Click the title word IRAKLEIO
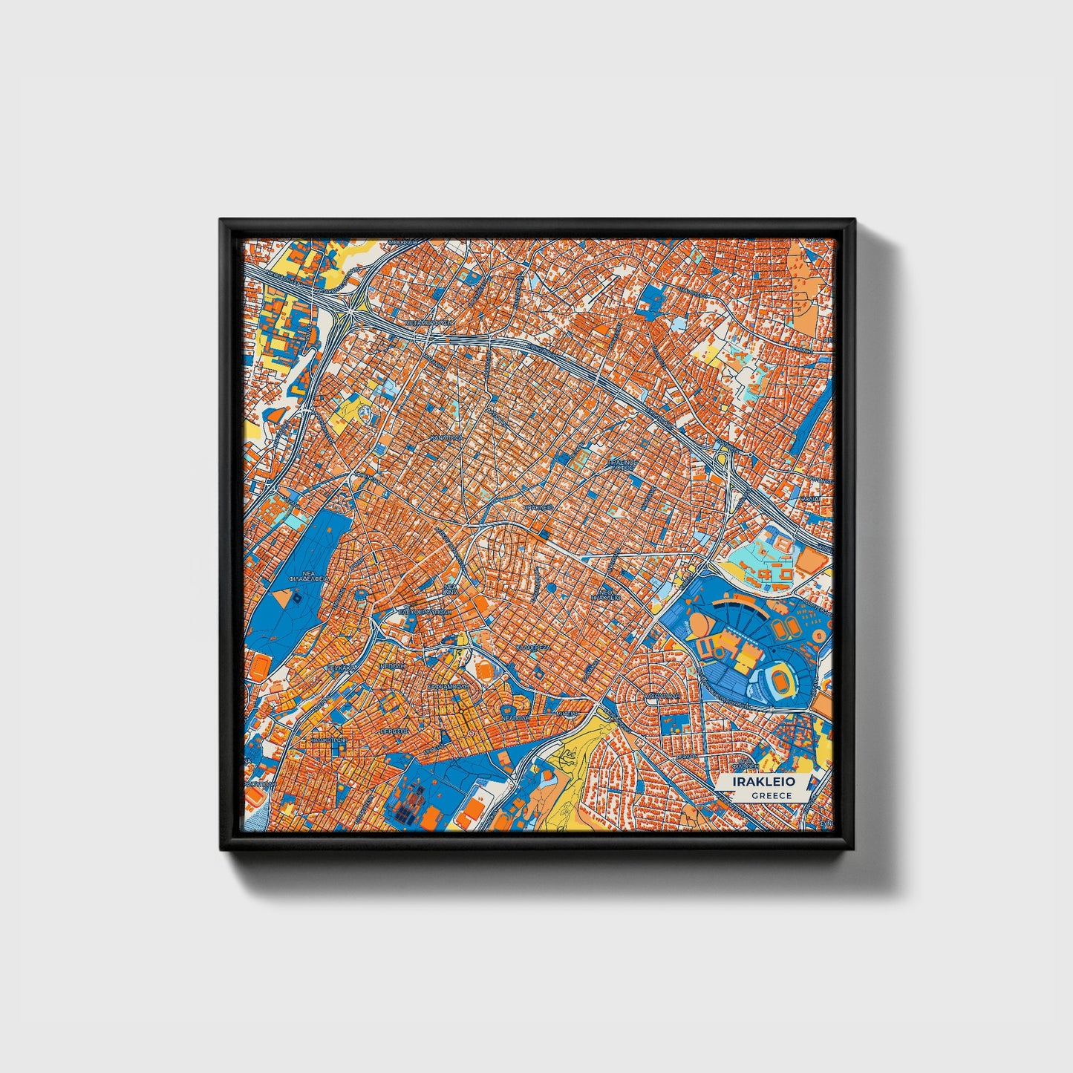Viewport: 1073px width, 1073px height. click(763, 782)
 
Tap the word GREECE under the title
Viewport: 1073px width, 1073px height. click(771, 795)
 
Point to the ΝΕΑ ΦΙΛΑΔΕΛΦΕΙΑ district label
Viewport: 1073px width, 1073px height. click(308, 578)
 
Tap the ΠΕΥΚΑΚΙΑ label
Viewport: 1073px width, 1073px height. click(342, 668)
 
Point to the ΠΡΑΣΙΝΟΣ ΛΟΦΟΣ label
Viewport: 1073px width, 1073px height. click(622, 465)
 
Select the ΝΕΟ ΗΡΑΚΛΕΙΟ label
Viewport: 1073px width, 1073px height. click(606, 594)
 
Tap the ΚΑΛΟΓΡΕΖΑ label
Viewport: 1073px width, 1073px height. click(532, 647)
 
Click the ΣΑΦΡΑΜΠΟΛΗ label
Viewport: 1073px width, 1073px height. click(448, 687)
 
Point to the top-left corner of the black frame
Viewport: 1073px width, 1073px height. click(221, 220)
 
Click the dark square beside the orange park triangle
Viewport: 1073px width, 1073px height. click(298, 599)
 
